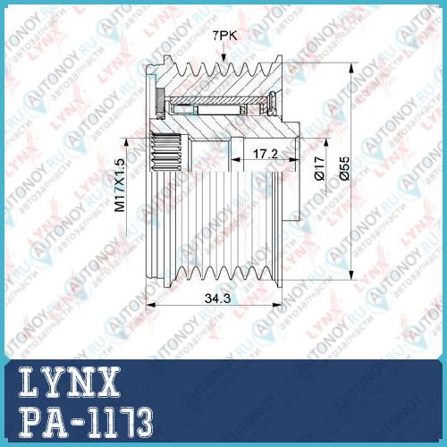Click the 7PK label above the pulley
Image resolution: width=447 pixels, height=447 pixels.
224,36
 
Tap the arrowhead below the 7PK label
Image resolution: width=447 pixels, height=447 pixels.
223,58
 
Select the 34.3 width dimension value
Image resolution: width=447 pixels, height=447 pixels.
217,299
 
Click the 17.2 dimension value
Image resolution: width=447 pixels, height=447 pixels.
266,154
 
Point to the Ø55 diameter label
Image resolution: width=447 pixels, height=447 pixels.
344,168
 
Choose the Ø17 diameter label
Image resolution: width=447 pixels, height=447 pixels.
319,168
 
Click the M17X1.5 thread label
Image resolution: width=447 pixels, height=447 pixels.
121,185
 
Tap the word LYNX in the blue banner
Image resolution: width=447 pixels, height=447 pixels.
70,382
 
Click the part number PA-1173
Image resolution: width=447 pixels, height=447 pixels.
86,423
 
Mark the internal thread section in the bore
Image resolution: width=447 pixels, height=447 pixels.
166,152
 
